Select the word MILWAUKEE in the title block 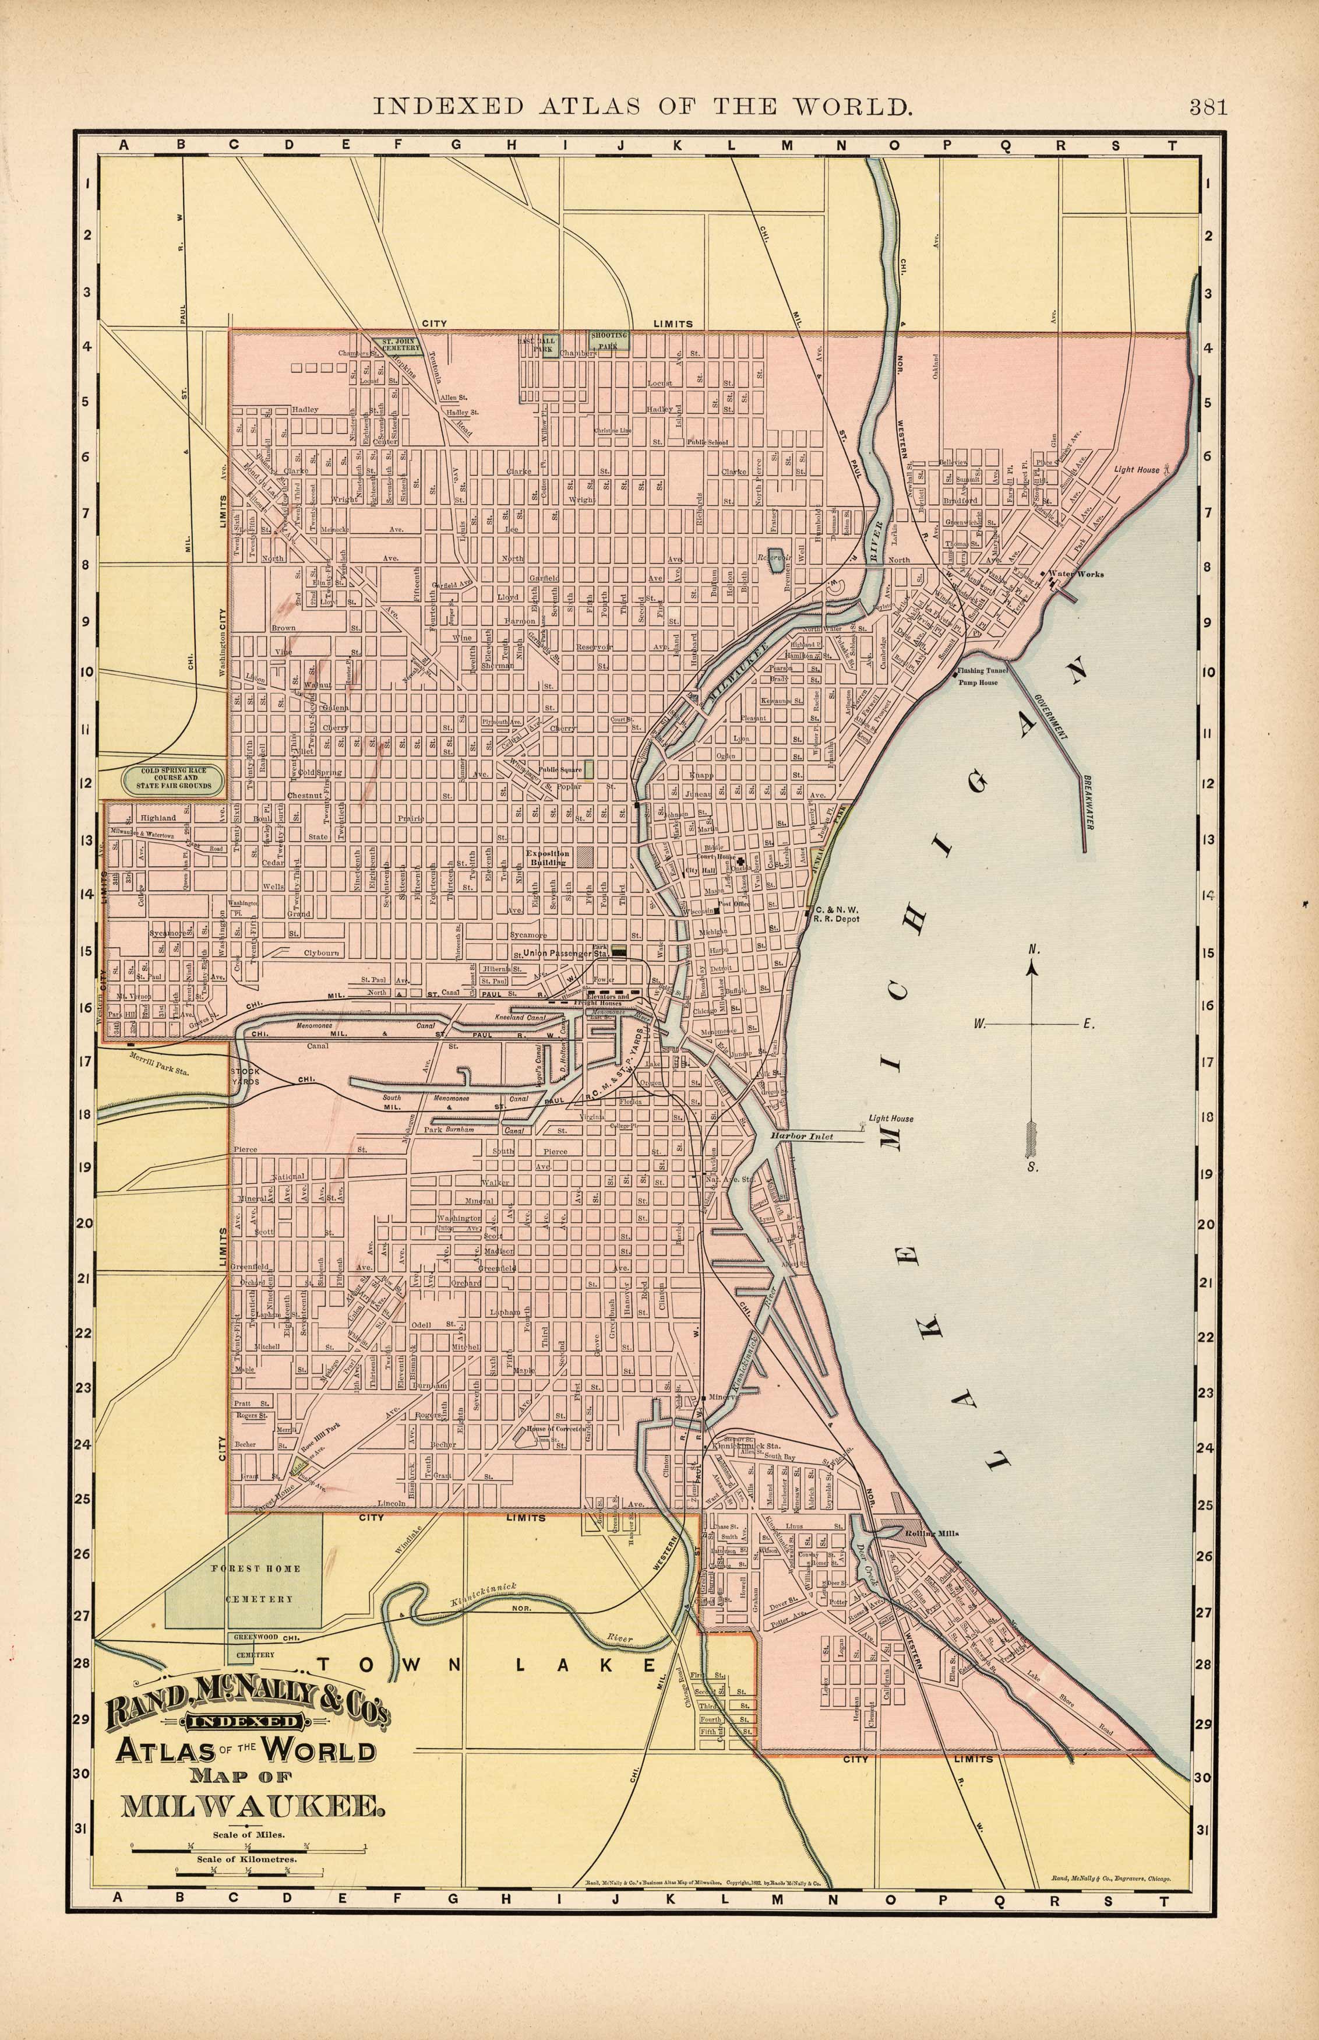pyautogui.click(x=253, y=1805)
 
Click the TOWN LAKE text pyautogui.click(x=488, y=1665)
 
